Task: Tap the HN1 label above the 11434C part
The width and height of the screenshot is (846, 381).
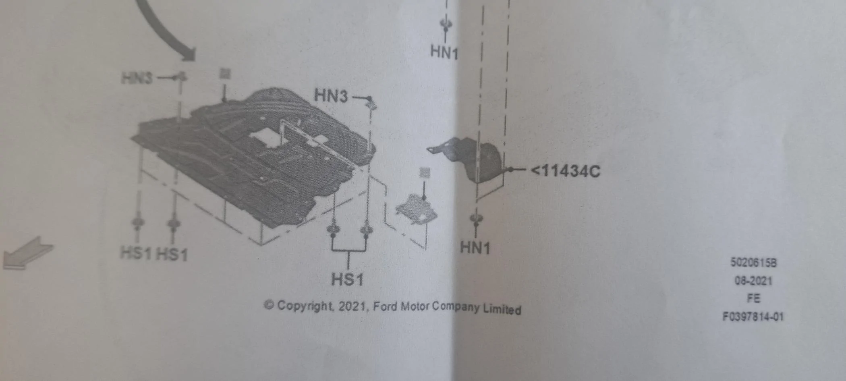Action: [x=444, y=52]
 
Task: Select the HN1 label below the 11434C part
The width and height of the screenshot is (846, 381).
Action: [x=475, y=247]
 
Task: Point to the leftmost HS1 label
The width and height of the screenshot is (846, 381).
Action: [x=136, y=253]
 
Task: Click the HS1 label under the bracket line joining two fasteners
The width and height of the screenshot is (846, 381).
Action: [x=347, y=279]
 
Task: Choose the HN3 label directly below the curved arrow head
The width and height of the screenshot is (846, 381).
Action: [x=137, y=78]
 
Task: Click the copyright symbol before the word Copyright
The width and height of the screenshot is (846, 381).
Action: [x=269, y=305]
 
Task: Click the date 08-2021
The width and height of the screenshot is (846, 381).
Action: [x=753, y=280]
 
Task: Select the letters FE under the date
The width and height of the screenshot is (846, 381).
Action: [x=753, y=298]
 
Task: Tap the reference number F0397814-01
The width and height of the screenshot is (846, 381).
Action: [x=753, y=317]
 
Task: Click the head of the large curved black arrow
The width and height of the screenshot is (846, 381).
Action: [x=188, y=54]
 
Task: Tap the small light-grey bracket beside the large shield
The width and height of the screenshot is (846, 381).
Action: [x=417, y=209]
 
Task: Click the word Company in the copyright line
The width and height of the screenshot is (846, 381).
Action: [x=456, y=308]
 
